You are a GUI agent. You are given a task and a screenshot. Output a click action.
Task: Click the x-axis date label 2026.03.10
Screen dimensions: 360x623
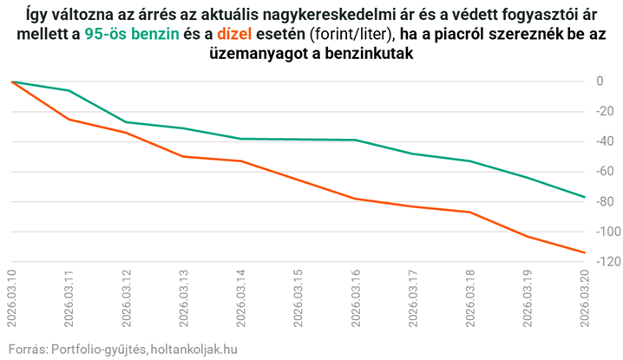(x=12, y=296)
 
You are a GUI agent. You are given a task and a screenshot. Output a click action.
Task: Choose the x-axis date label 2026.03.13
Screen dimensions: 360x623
(x=184, y=296)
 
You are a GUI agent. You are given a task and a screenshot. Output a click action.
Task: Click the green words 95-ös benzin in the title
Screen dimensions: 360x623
(x=130, y=34)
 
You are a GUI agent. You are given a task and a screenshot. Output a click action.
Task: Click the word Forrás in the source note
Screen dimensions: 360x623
(x=24, y=349)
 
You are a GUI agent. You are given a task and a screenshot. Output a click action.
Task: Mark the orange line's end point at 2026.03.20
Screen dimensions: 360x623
(x=584, y=252)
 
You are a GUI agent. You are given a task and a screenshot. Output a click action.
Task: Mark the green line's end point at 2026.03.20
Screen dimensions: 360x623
(x=584, y=197)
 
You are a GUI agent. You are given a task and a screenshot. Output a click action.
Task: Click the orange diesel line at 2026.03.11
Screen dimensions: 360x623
(x=69, y=119)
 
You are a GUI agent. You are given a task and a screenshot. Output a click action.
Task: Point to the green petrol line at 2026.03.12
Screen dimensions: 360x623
(x=127, y=122)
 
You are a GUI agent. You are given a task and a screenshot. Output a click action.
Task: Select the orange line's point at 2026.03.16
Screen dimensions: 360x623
(x=356, y=199)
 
